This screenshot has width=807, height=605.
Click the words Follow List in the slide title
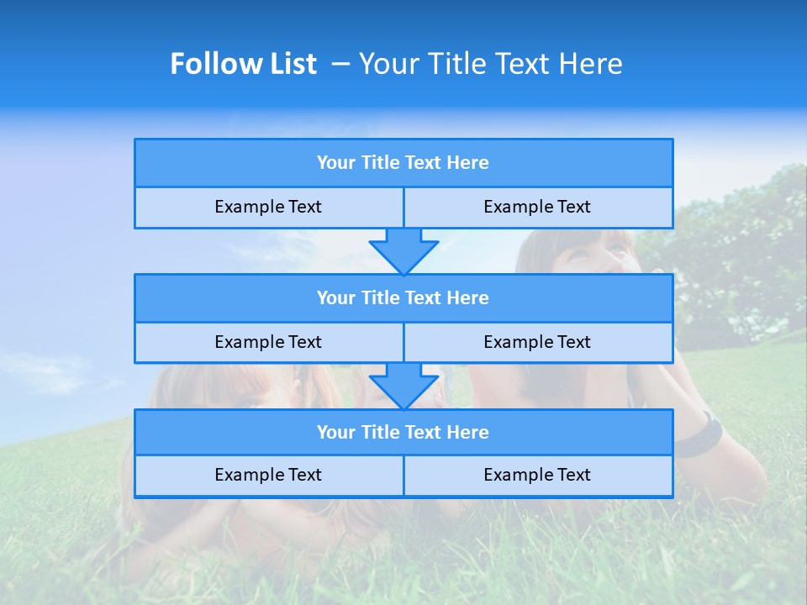tap(243, 64)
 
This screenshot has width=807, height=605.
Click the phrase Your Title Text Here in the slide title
tap(490, 64)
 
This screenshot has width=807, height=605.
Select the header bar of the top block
tap(403, 163)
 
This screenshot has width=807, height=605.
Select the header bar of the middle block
tap(403, 297)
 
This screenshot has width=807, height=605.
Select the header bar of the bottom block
tap(403, 432)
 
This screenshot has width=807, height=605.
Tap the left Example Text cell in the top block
tap(268, 207)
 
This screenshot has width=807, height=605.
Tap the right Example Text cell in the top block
tap(537, 207)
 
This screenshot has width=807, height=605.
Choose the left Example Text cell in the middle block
tap(268, 342)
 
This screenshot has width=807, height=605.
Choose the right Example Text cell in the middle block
tap(537, 342)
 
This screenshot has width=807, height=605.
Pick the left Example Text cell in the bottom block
tap(268, 475)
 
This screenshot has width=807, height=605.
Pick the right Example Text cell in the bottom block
tap(537, 475)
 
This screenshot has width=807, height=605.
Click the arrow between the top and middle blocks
tap(403, 250)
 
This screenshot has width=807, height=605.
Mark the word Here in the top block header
tap(468, 163)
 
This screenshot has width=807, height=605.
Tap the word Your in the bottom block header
tap(336, 432)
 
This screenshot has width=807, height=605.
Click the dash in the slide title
tap(340, 64)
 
